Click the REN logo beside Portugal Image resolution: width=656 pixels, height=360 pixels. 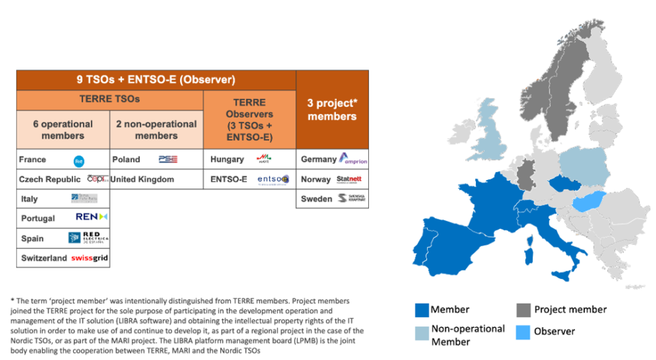(x=92, y=218)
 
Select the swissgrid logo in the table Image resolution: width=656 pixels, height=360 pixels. (x=90, y=258)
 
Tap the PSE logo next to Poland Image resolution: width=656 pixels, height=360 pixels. (x=167, y=159)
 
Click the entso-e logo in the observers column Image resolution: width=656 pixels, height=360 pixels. (x=272, y=179)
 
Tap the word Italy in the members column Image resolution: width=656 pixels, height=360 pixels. (x=29, y=199)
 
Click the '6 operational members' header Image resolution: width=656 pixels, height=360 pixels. (x=63, y=129)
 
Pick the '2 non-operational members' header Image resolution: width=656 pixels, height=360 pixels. (x=156, y=129)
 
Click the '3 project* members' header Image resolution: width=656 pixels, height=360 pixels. (x=332, y=110)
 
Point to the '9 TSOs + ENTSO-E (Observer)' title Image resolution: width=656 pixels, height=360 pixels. (x=155, y=80)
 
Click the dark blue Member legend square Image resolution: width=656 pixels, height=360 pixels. (x=422, y=310)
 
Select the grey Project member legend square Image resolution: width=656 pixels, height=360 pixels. (x=524, y=310)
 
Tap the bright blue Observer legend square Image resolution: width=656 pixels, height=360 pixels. (x=524, y=331)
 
